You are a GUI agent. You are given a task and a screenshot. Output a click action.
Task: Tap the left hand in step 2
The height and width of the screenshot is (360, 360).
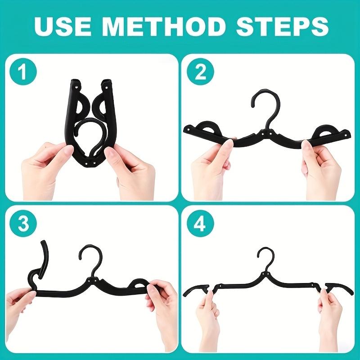[211, 166]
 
